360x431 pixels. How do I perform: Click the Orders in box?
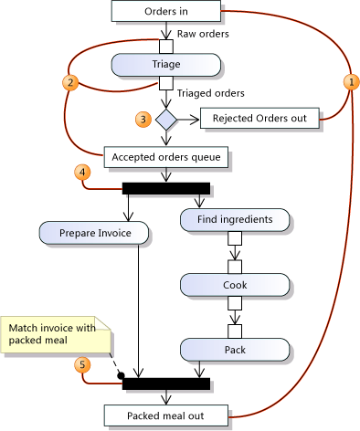(x=165, y=11)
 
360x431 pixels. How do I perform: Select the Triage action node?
(x=165, y=65)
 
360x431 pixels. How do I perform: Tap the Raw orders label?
(x=202, y=34)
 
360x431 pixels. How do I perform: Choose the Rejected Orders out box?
(x=259, y=119)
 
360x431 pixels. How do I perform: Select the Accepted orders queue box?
(x=165, y=157)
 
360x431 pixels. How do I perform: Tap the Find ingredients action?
(x=234, y=219)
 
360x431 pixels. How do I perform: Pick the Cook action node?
(x=234, y=284)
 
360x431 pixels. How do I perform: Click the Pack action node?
(x=234, y=350)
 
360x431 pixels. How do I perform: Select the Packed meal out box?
(x=165, y=416)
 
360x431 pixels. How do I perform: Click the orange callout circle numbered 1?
(x=348, y=81)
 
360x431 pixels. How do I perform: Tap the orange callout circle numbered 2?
(x=69, y=81)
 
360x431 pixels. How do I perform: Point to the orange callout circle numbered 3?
(x=142, y=119)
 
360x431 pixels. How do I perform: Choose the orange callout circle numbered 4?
(x=84, y=172)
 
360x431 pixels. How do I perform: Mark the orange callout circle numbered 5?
(x=84, y=364)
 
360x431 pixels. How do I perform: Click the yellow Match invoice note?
(x=52, y=334)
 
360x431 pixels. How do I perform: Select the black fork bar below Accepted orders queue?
(x=165, y=188)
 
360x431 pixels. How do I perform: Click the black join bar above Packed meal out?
(x=165, y=384)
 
